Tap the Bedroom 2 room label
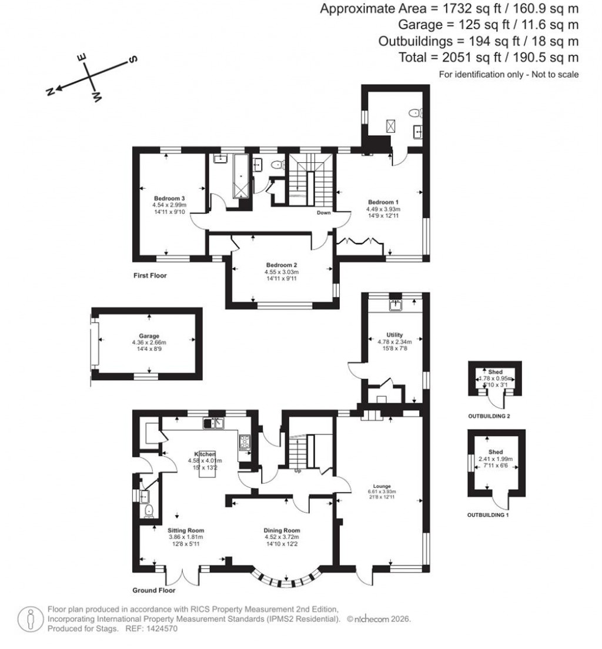(x=281, y=265)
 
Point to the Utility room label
(x=394, y=334)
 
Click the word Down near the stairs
(x=323, y=213)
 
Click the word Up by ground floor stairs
(x=297, y=470)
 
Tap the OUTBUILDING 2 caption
(x=489, y=416)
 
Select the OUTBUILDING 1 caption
(x=488, y=515)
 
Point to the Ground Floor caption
(x=155, y=590)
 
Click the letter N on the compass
(x=51, y=91)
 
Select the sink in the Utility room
(x=395, y=305)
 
